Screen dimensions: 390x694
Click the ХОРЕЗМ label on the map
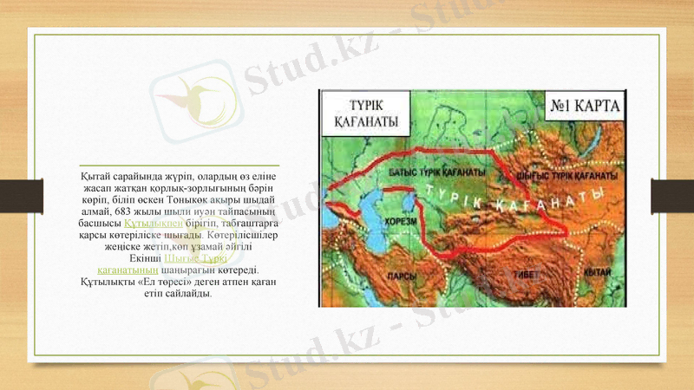[401, 221]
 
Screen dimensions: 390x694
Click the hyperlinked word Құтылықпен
[154, 223]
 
